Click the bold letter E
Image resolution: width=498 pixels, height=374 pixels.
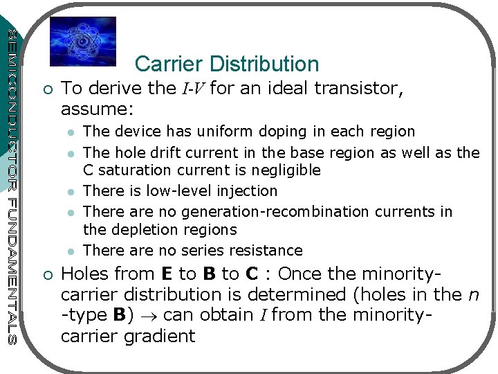(x=166, y=274)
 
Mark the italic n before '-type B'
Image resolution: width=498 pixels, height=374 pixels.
(x=473, y=295)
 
